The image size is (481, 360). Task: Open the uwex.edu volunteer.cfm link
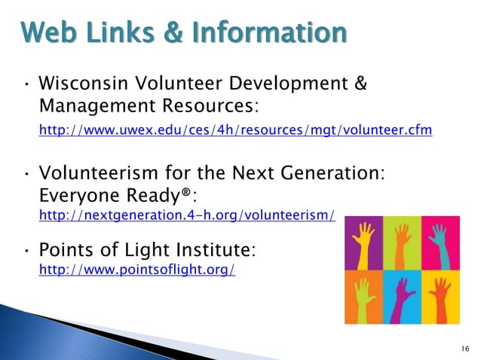(x=235, y=130)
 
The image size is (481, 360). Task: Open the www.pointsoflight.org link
(x=136, y=269)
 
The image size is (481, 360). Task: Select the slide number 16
(x=464, y=347)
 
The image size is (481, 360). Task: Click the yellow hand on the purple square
(x=363, y=243)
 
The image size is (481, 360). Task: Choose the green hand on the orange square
(x=363, y=295)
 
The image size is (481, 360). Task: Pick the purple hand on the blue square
(x=402, y=295)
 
